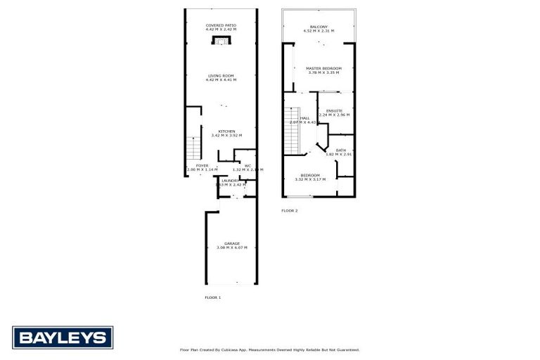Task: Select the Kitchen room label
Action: pos(226,131)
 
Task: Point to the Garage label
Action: pos(231,243)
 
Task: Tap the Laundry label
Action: pos(230,181)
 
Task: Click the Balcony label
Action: pos(319,27)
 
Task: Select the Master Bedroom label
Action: pos(323,68)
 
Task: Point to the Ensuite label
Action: pos(334,110)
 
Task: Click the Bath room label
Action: pos(340,150)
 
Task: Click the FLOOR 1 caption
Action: pos(212,297)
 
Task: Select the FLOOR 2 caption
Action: pos(290,210)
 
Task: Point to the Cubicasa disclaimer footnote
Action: pos(269,349)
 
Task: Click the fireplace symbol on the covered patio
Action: pos(221,41)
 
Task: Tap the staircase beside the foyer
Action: pos(195,148)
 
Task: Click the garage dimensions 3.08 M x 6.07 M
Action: pos(231,248)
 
